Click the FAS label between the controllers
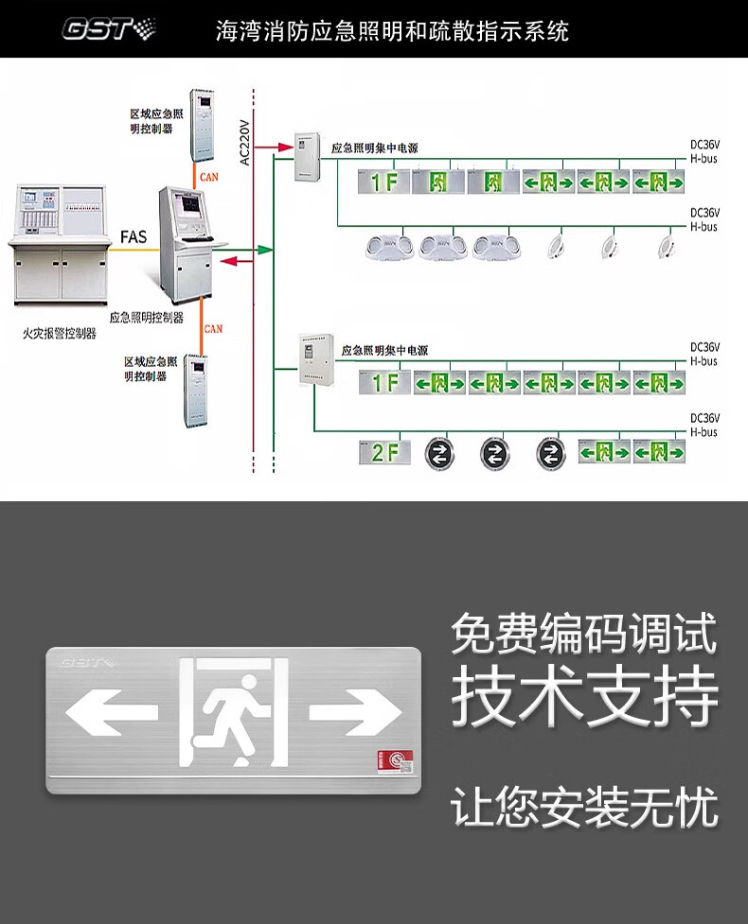[x=134, y=236]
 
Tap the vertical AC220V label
[x=244, y=141]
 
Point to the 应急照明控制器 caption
[x=147, y=318]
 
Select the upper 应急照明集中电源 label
[x=374, y=148]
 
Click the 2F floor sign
[x=384, y=453]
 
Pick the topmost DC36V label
[x=704, y=145]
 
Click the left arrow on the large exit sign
[x=98, y=712]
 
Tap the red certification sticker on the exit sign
[x=389, y=761]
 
